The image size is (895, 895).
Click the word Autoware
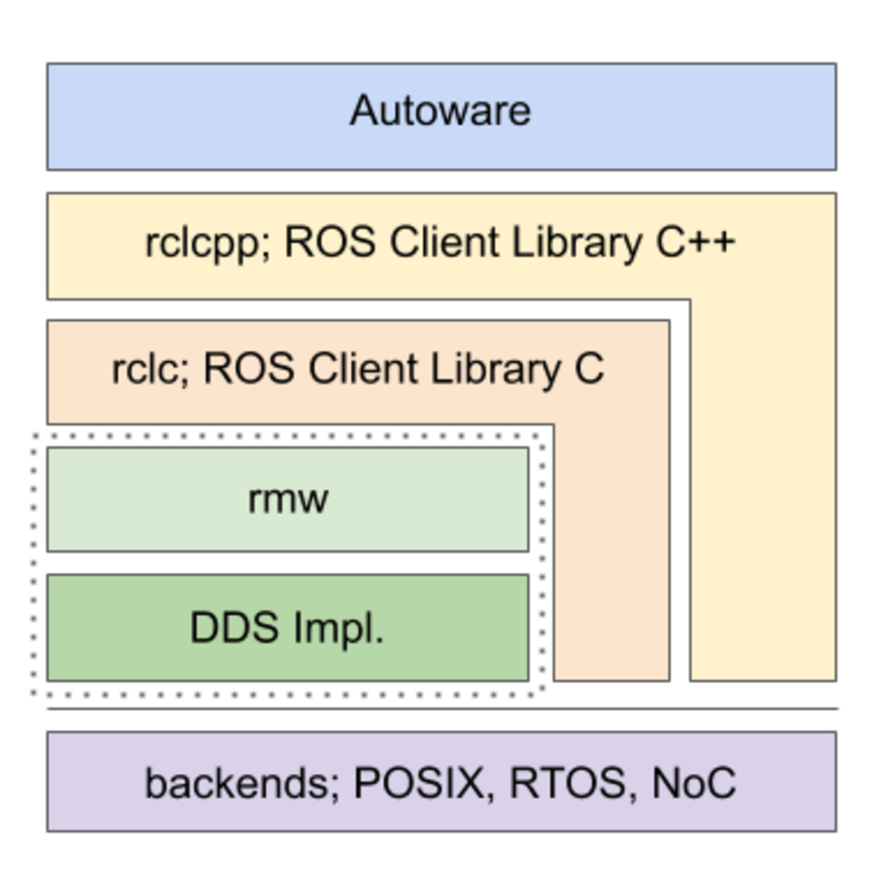click(x=441, y=111)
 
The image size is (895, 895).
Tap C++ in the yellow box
click(x=695, y=242)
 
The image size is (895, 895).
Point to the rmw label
click(x=288, y=499)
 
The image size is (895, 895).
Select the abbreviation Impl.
click(x=338, y=629)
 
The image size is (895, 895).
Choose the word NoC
click(x=693, y=783)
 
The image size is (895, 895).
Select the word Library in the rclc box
click(x=496, y=370)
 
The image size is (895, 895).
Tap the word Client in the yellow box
click(x=445, y=242)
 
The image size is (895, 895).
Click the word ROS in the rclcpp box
click(x=330, y=242)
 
